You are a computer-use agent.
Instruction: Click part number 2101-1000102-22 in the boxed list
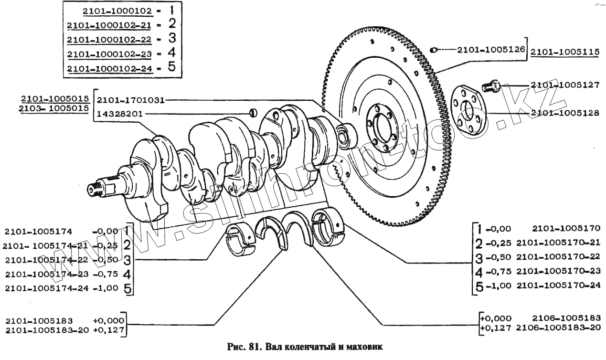109,39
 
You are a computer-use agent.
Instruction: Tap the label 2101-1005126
491,50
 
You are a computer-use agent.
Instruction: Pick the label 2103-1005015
54,108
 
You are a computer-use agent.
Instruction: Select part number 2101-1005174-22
47,260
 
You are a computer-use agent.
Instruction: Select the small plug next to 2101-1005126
433,49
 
